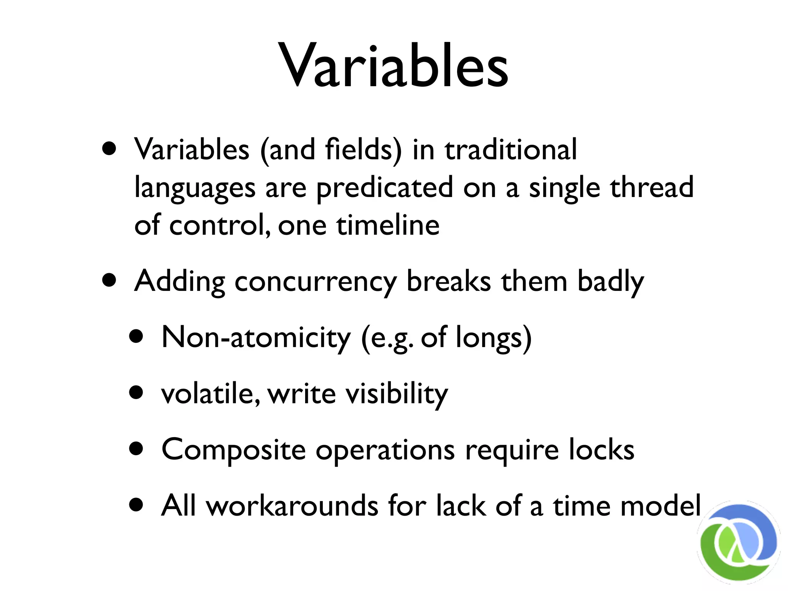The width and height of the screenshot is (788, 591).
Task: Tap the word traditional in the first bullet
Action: click(x=511, y=149)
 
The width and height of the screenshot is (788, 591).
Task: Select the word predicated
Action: click(x=384, y=187)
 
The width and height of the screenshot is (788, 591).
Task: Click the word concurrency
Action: click(x=315, y=282)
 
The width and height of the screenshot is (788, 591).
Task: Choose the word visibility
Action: click(x=397, y=394)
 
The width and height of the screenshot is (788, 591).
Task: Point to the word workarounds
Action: click(x=292, y=506)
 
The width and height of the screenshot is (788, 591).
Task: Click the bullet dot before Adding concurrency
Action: click(x=109, y=280)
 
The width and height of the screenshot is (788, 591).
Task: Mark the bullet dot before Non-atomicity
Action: click(x=136, y=337)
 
